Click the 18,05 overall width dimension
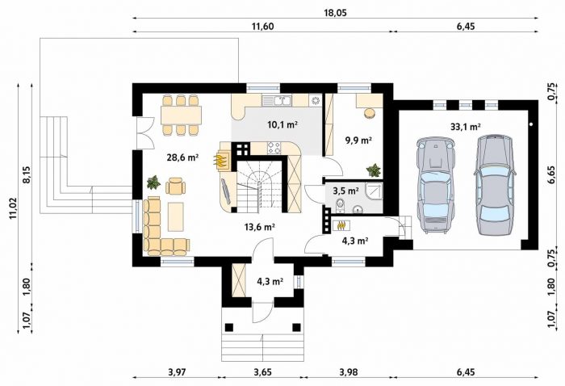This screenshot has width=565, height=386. pos(335,13)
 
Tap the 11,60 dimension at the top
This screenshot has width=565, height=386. pos(262,27)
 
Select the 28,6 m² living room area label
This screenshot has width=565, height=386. pos(183,157)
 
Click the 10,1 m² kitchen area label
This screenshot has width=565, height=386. pos(282,124)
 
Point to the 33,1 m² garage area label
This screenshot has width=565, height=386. pos(466,127)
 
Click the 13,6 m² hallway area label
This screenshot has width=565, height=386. pos(259,227)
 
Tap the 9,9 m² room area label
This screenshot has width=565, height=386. pos(358,141)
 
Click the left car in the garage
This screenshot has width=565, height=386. pos(435,185)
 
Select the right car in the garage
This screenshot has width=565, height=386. pos(495,184)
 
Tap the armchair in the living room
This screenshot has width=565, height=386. pos(175,187)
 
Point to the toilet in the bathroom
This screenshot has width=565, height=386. pos(341,206)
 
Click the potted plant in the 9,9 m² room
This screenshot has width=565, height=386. pos(373,170)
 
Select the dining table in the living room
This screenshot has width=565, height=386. pos(181,115)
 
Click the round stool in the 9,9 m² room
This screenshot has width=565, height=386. pos(370,113)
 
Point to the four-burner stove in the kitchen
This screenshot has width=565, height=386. pos(274,148)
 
